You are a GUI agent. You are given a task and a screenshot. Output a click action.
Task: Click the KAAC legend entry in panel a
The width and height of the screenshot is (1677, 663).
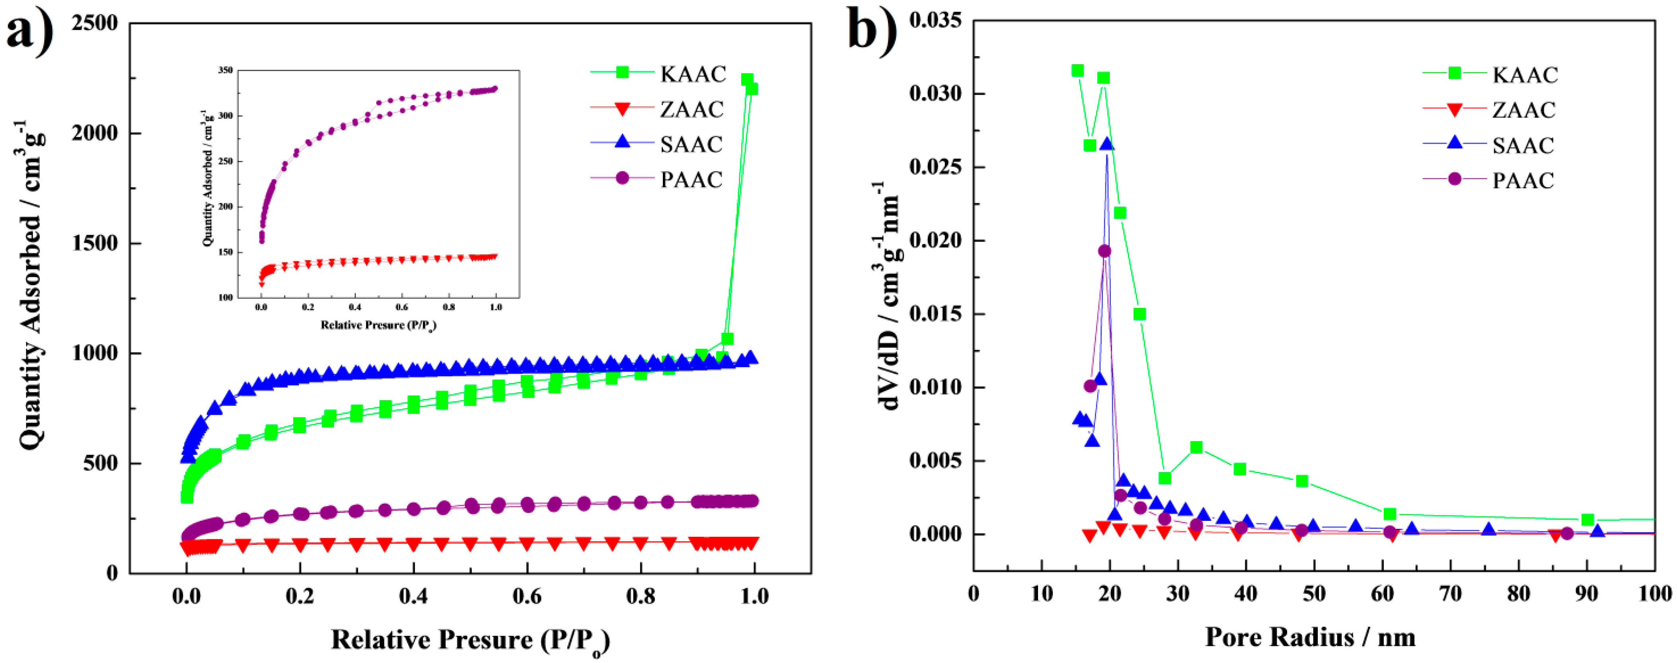[693, 74]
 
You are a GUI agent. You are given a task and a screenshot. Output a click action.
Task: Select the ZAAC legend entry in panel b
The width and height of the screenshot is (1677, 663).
[1524, 110]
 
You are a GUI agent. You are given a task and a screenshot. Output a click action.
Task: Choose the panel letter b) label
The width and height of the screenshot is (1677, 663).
[873, 29]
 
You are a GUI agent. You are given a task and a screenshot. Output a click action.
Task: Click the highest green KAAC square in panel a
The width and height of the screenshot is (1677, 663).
[747, 80]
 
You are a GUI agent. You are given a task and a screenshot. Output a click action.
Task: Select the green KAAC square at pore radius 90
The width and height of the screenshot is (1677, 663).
[1587, 520]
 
